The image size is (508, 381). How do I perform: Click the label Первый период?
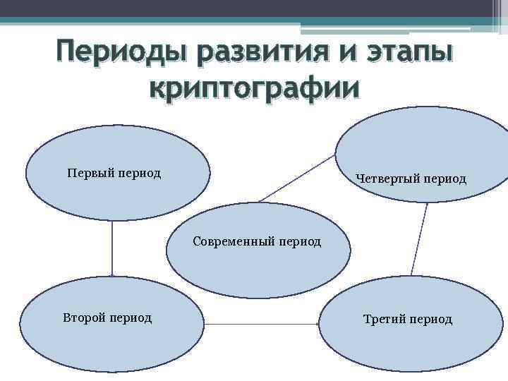point(114,173)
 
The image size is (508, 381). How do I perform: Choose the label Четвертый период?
point(411,179)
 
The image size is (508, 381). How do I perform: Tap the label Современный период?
point(257,242)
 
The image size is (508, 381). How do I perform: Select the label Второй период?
point(107,317)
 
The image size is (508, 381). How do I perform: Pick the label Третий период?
point(407,319)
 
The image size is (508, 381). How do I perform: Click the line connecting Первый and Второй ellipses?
point(112,247)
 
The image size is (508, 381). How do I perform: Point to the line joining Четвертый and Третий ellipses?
point(419,240)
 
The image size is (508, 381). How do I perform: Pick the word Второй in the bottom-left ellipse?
point(83,317)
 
